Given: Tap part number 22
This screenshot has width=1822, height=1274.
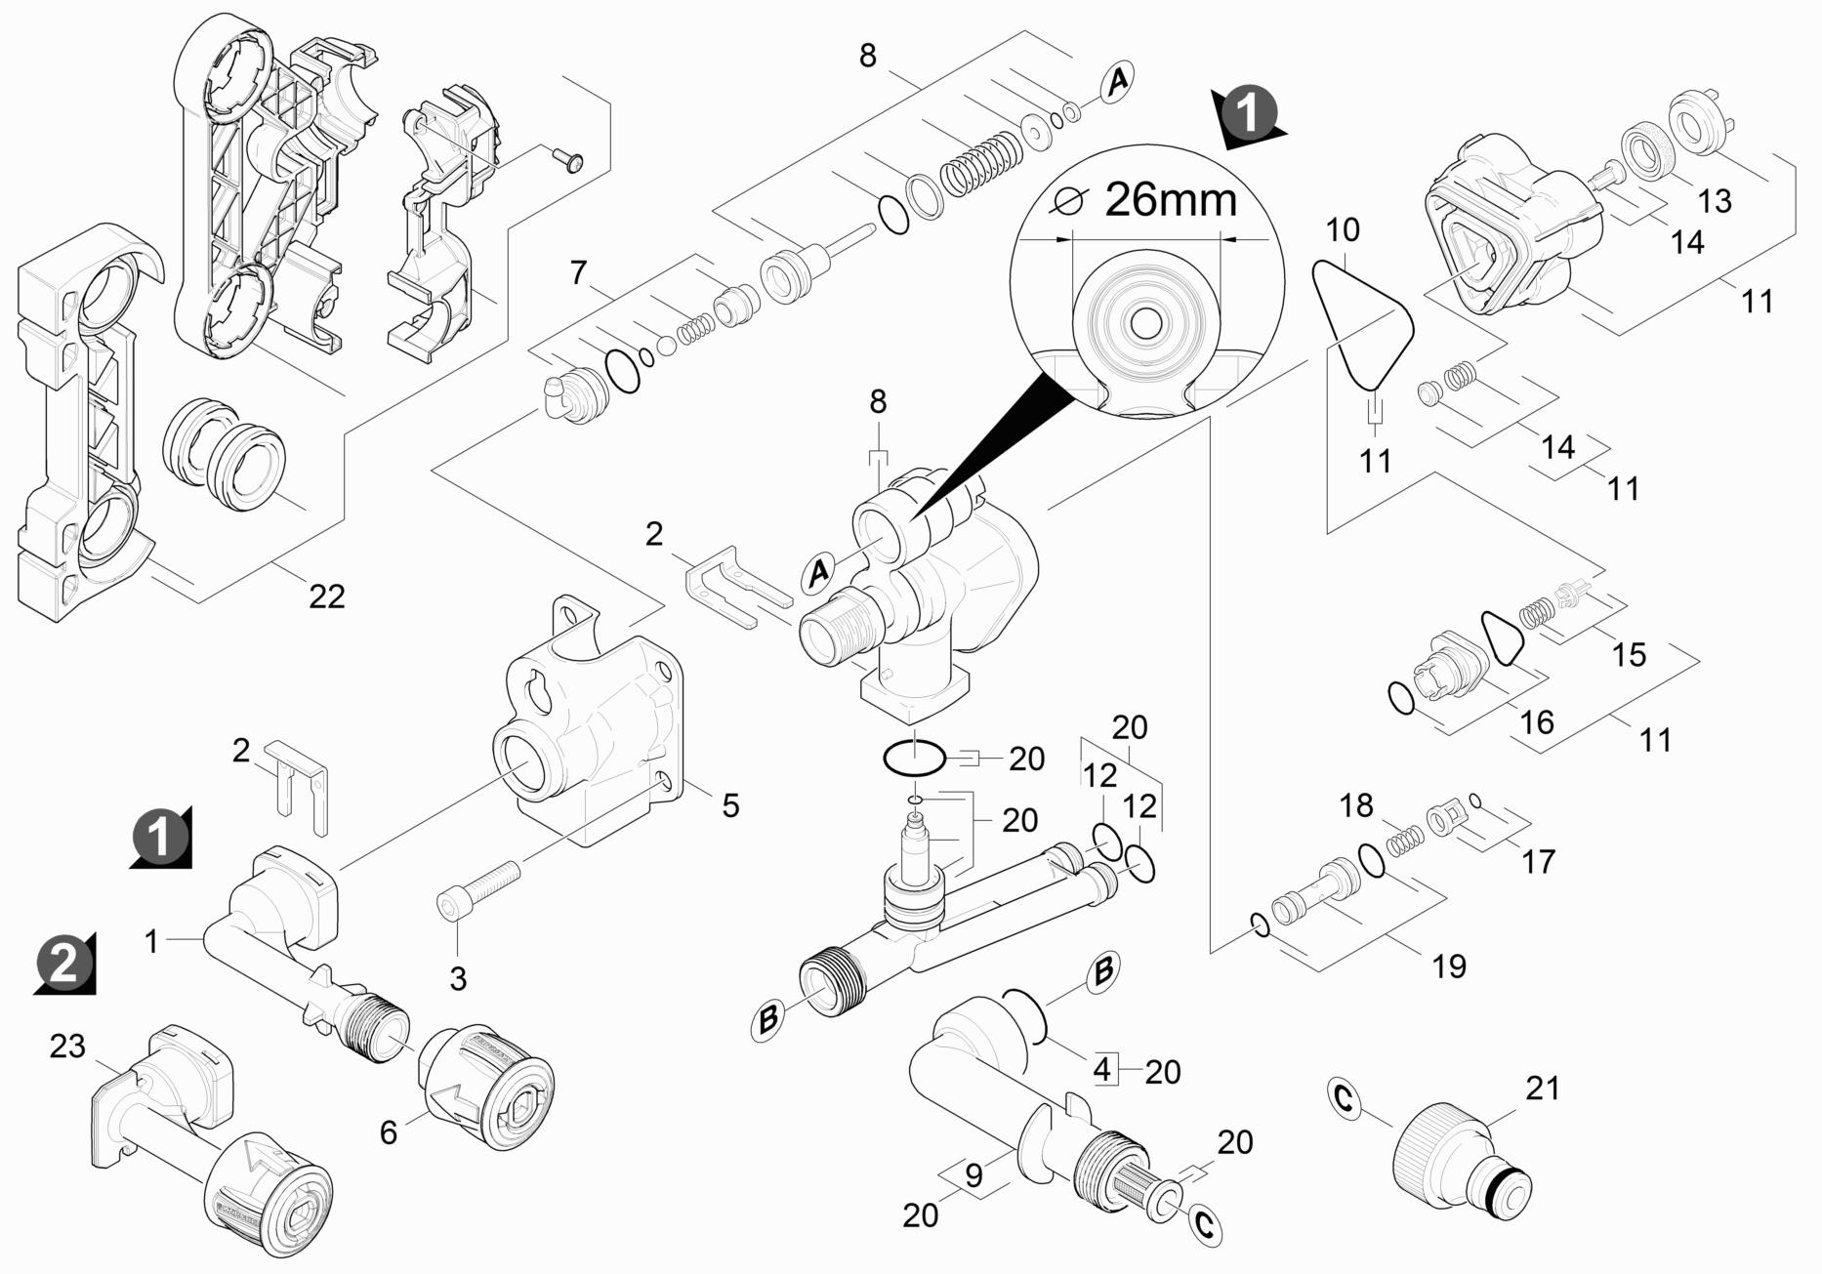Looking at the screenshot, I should tap(326, 596).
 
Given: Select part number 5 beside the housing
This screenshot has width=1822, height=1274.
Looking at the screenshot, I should tap(730, 805).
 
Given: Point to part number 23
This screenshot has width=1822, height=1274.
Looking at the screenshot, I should tap(67, 1047).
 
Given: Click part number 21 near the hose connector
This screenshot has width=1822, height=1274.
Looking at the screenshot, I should tap(1543, 1088).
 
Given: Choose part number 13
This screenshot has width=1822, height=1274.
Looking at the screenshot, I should tap(1714, 200).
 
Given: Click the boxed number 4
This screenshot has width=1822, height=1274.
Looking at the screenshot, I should tap(1101, 1070).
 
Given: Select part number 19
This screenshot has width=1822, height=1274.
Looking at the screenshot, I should tap(1449, 966).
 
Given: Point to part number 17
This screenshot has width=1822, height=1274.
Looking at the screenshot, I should tap(1538, 861).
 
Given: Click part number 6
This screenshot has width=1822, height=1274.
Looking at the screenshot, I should tap(389, 1132).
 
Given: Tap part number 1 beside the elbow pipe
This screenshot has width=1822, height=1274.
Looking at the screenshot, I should tap(151, 942).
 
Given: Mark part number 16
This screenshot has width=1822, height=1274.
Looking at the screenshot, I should tap(1537, 722).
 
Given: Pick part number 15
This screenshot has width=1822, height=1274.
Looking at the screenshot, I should tap(1628, 654).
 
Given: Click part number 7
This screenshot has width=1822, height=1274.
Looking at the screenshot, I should tap(579, 272).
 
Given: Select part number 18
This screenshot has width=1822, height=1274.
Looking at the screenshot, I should tap(1355, 805).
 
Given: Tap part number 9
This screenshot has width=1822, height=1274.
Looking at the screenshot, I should tap(973, 1175).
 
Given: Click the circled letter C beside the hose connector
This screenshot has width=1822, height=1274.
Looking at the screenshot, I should tap(1345, 1098).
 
